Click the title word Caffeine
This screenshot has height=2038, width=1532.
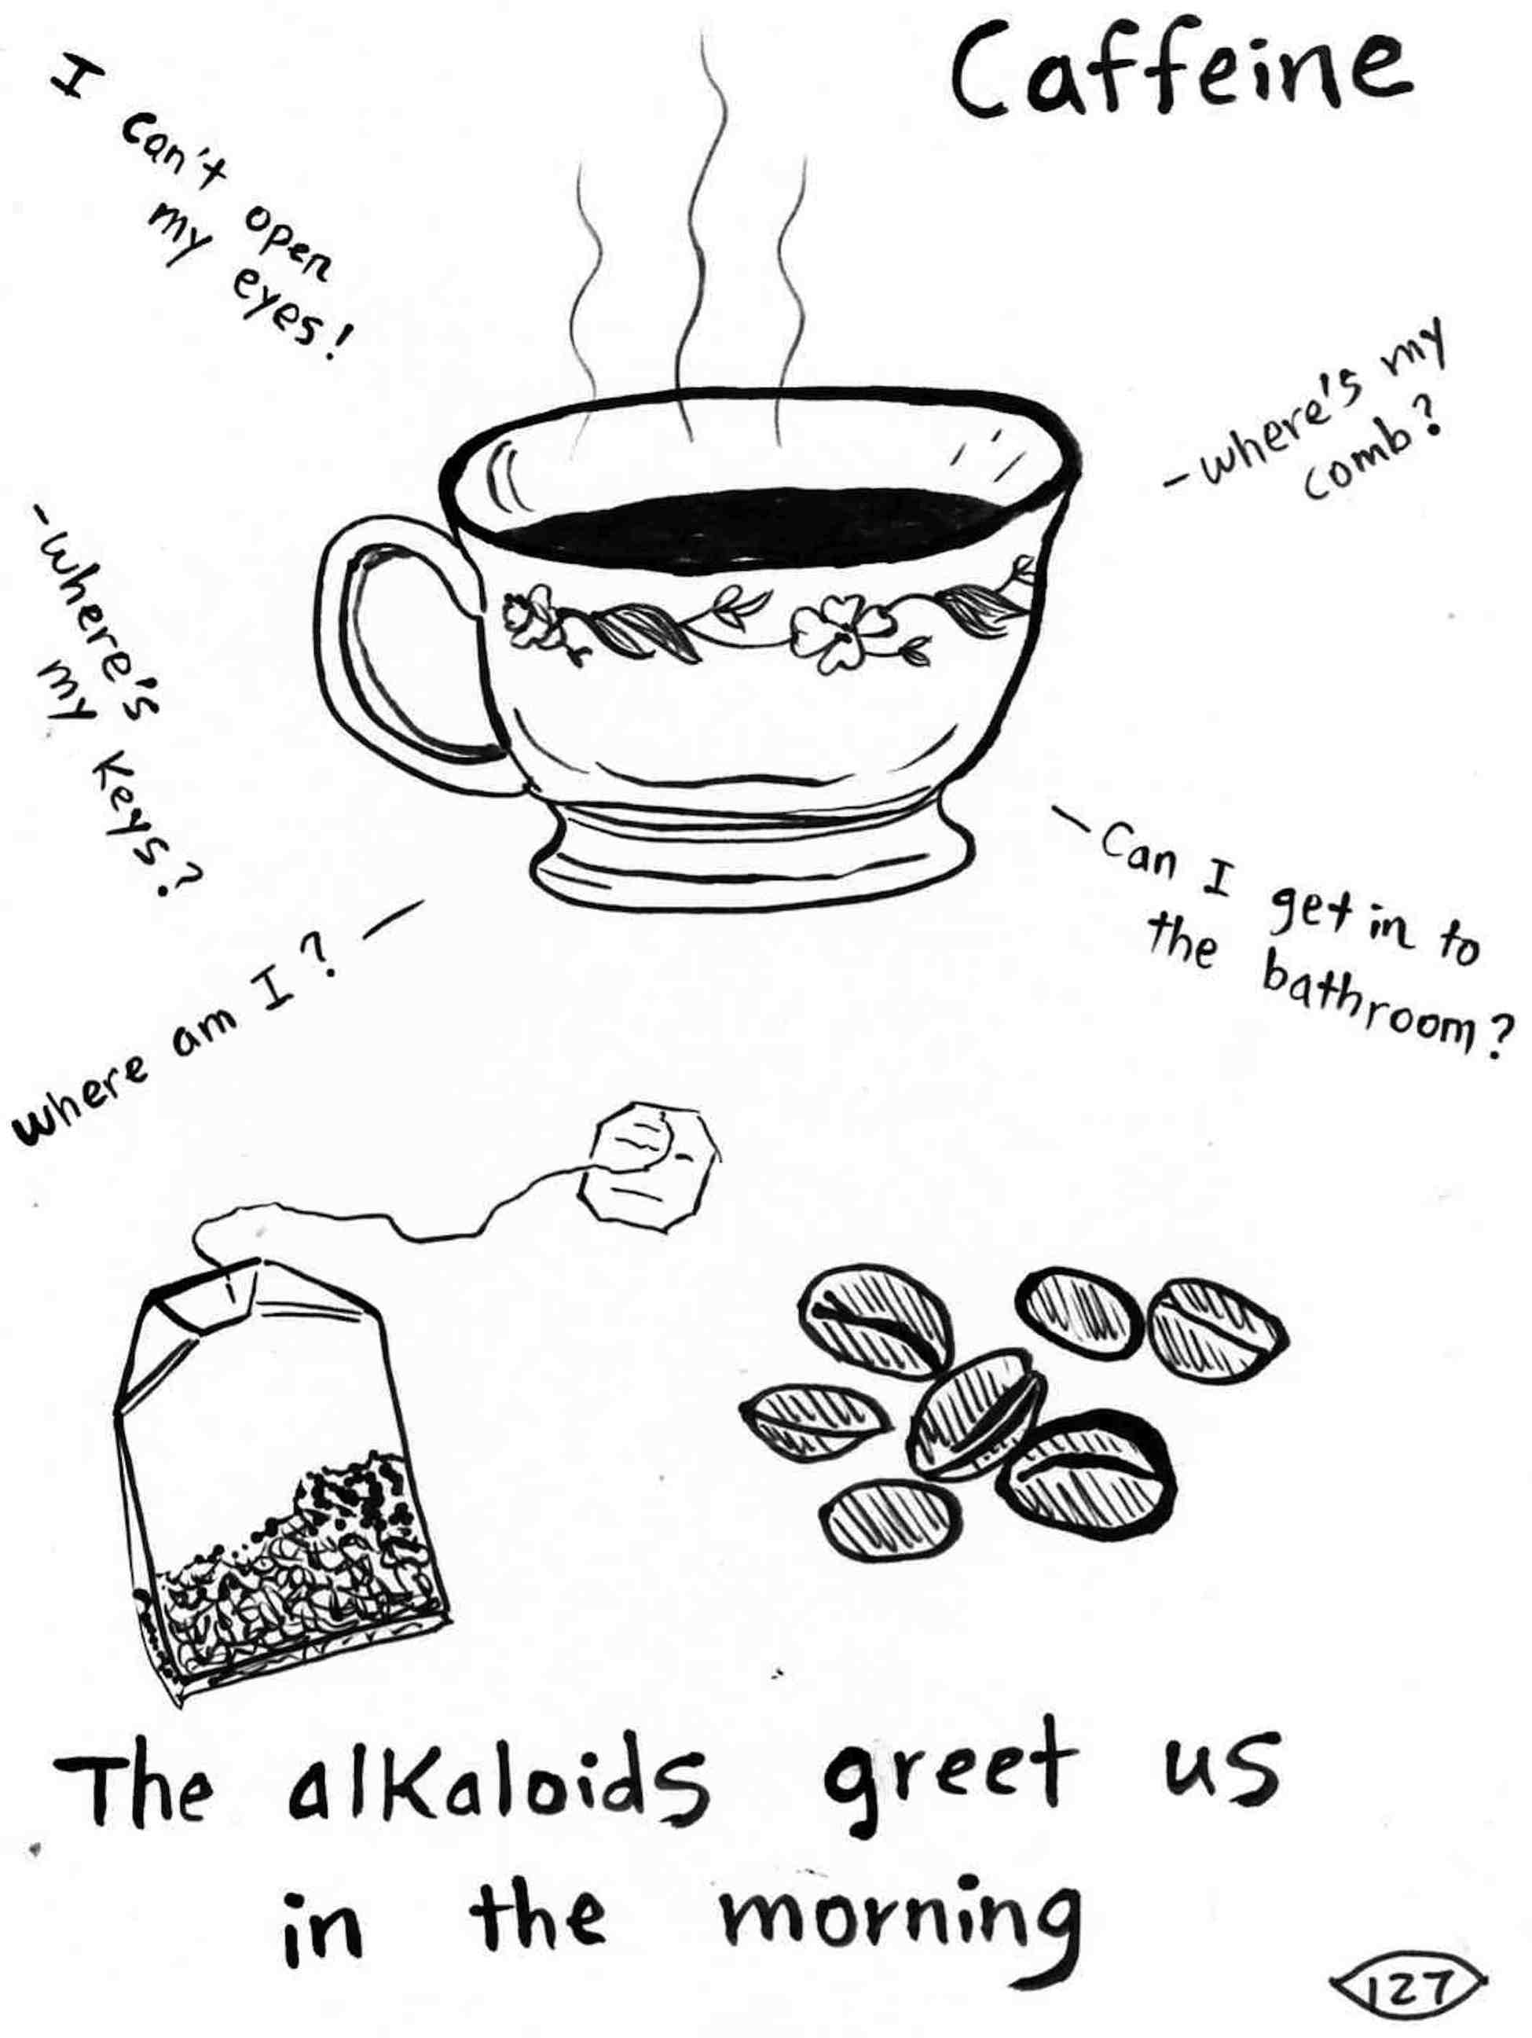[1178, 75]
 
